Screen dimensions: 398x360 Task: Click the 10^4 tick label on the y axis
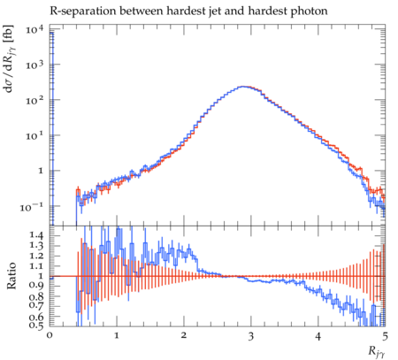34,29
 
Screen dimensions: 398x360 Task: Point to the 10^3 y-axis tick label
34,65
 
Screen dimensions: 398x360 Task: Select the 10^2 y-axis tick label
34,100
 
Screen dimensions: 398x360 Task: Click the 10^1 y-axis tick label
34,135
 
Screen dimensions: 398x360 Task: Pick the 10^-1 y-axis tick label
32,207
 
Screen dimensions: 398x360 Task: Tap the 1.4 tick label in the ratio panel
37,235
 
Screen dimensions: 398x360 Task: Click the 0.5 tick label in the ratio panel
37,326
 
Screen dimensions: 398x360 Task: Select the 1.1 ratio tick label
37,265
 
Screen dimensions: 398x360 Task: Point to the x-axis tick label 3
250,336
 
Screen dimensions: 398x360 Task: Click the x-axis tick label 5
385,336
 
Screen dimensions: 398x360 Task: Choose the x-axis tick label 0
50,336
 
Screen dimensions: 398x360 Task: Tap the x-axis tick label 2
184,336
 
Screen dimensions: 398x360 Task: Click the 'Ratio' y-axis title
11,276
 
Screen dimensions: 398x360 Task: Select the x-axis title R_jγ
377,352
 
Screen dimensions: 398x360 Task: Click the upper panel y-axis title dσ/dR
10,58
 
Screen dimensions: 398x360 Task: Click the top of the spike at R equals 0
51,33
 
